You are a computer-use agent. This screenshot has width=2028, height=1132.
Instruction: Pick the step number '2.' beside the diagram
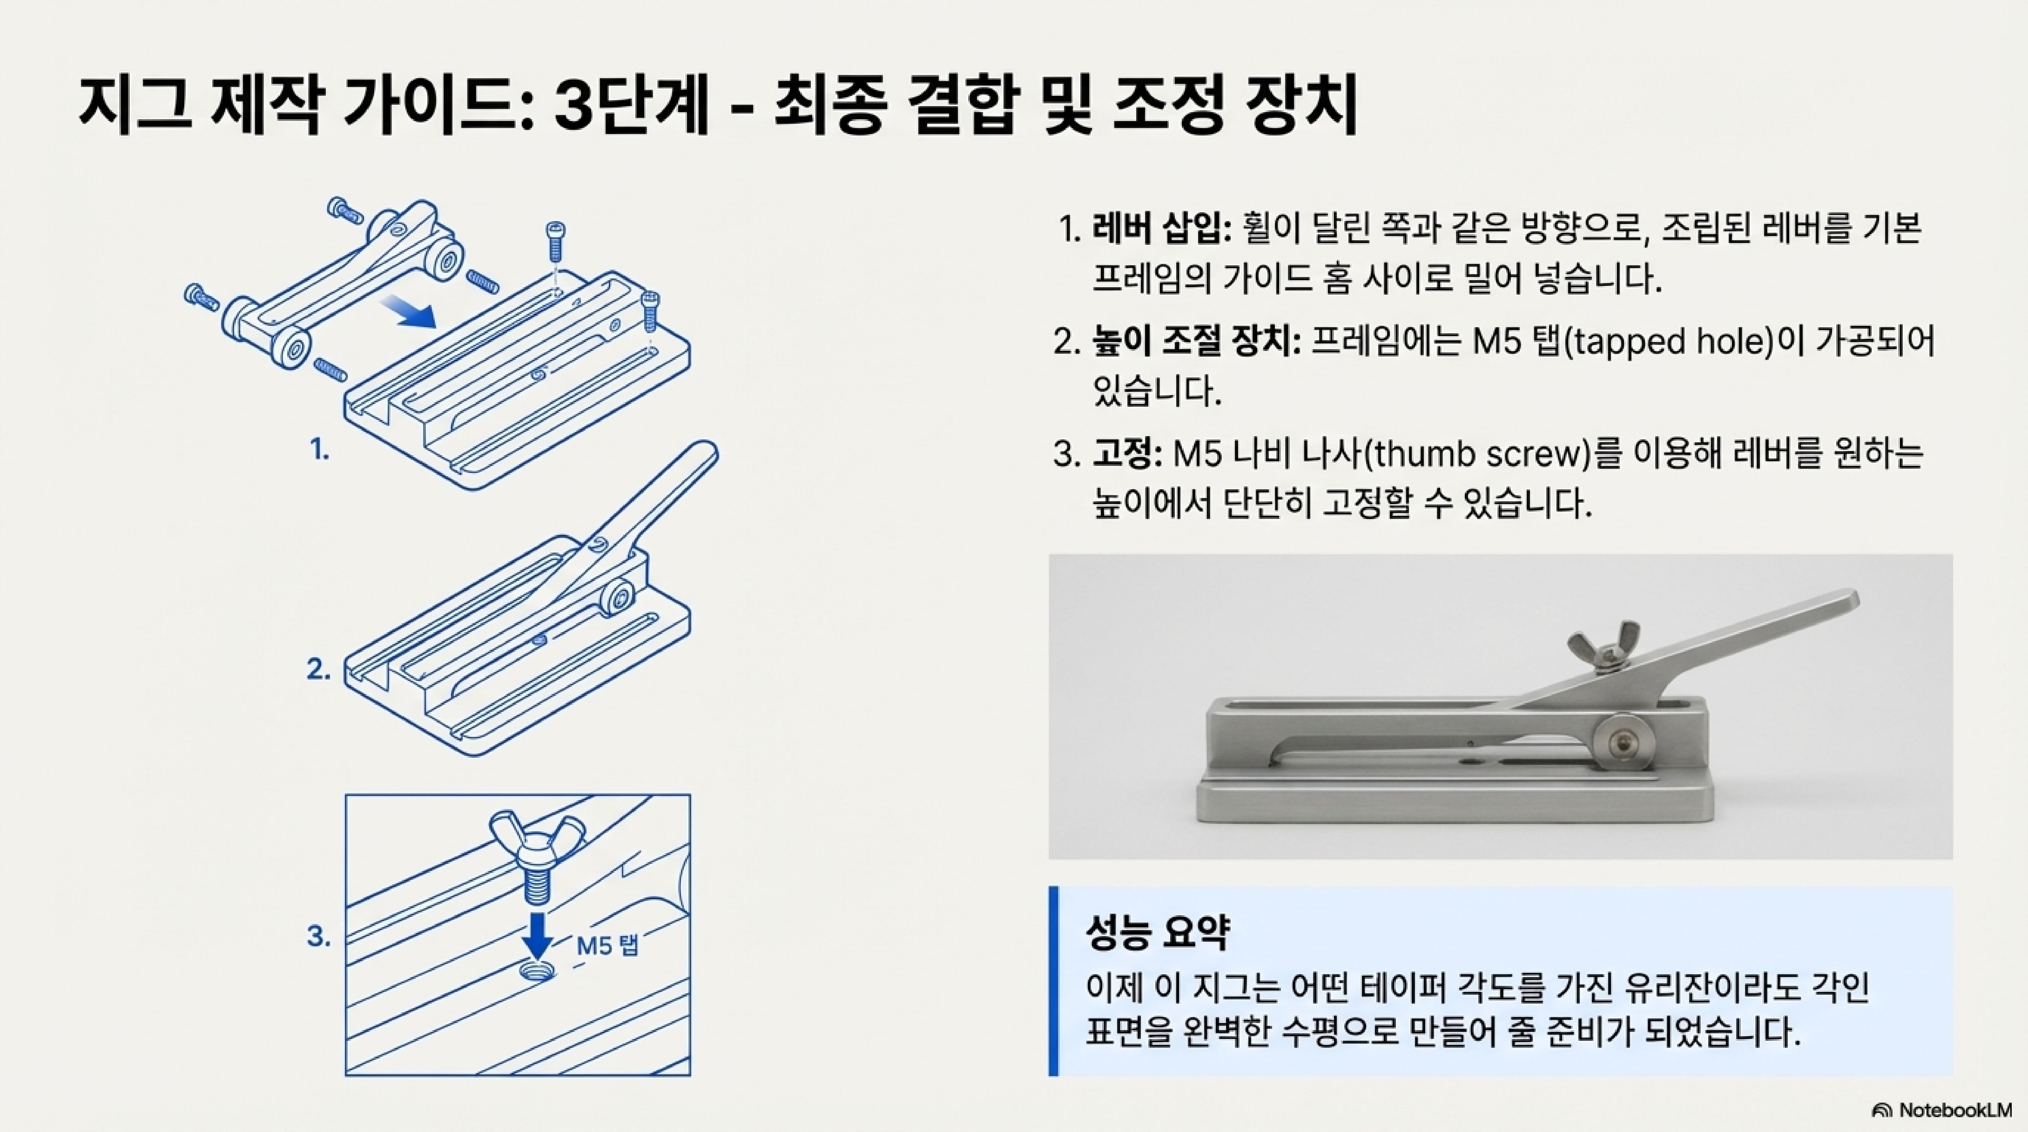(x=318, y=670)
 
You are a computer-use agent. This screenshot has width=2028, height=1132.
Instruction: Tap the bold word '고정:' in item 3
(x=1127, y=454)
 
